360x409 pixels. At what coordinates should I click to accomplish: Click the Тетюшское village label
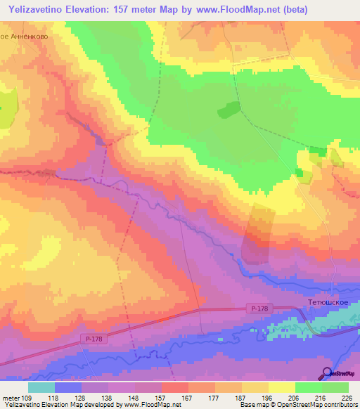(328, 303)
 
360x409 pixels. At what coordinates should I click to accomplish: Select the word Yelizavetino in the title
(41, 9)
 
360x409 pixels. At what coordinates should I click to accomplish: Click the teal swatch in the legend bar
(41, 387)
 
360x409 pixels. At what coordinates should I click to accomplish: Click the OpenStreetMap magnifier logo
(326, 373)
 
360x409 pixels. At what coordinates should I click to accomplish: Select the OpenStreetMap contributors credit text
(314, 405)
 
